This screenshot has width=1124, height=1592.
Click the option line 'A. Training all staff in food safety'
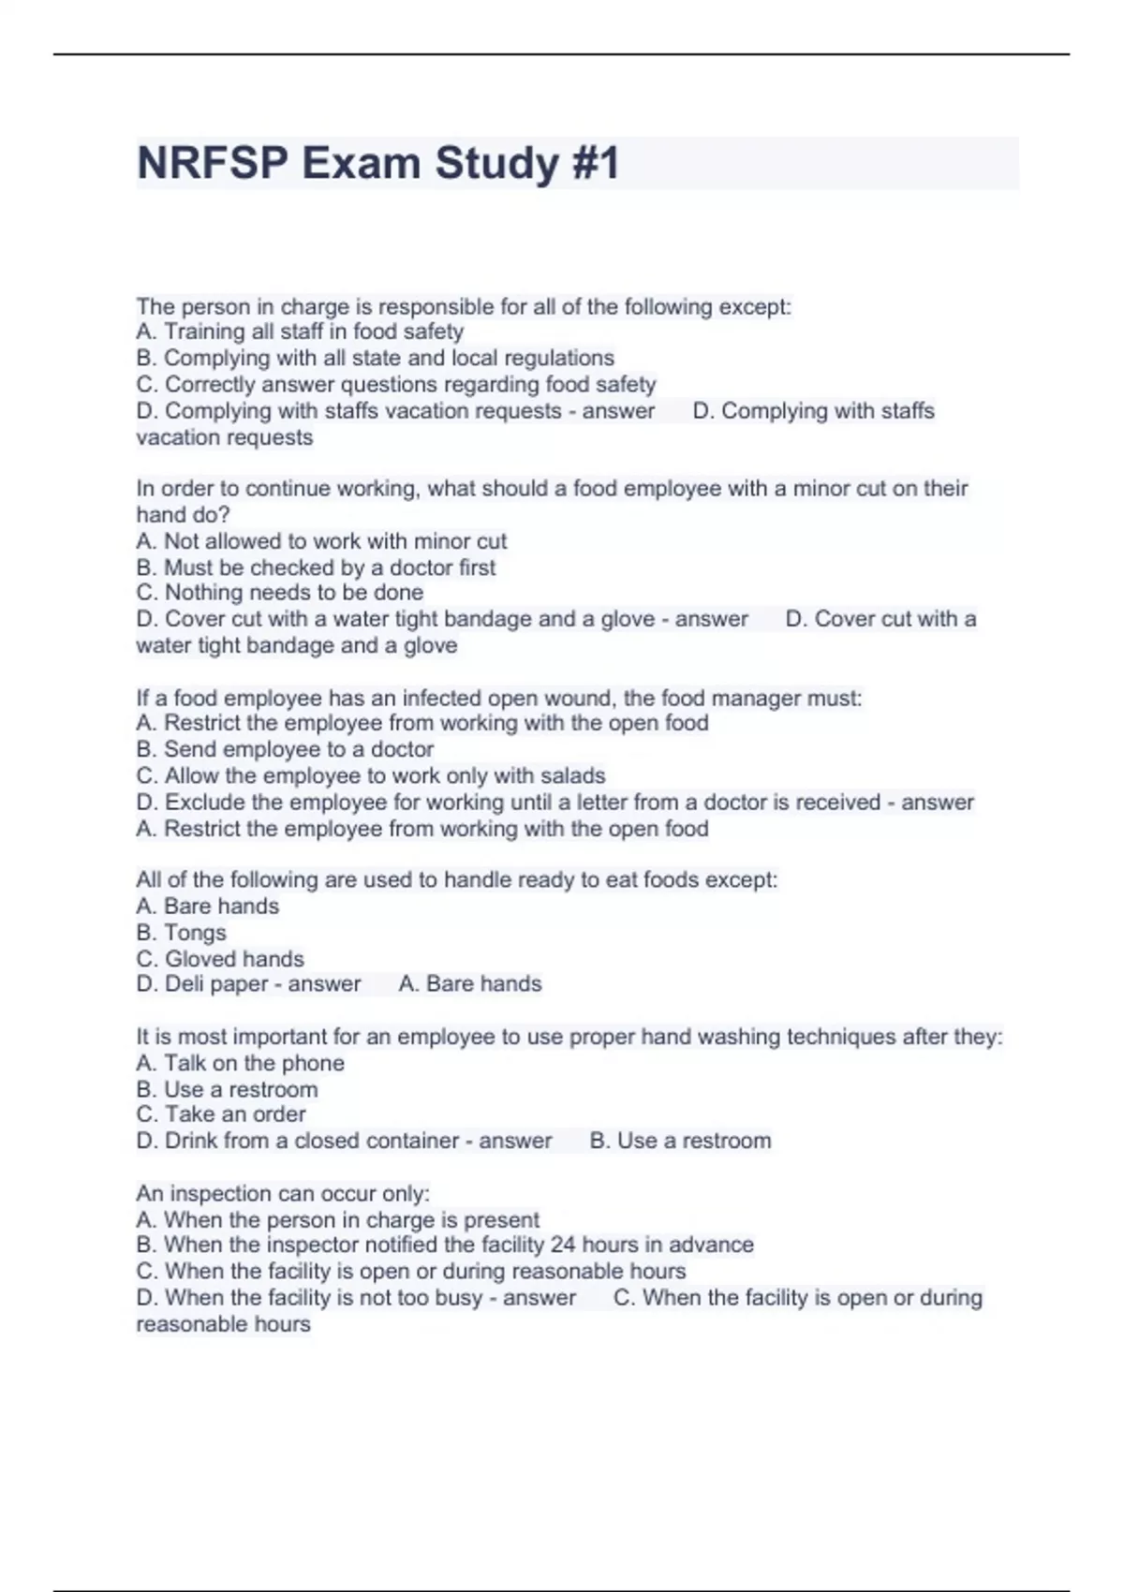(300, 332)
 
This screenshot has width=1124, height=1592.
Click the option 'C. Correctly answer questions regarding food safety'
(396, 384)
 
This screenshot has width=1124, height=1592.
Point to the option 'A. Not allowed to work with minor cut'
(321, 541)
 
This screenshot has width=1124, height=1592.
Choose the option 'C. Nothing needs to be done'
(279, 593)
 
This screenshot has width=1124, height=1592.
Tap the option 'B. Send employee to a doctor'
(285, 749)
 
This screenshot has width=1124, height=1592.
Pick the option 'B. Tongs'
(181, 933)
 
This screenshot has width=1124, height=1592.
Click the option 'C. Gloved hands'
(220, 959)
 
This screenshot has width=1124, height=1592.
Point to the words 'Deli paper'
(215, 984)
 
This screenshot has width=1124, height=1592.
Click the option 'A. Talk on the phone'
(240, 1063)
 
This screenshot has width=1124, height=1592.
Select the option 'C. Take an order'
(221, 1114)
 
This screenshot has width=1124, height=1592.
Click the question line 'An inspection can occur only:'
(283, 1194)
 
